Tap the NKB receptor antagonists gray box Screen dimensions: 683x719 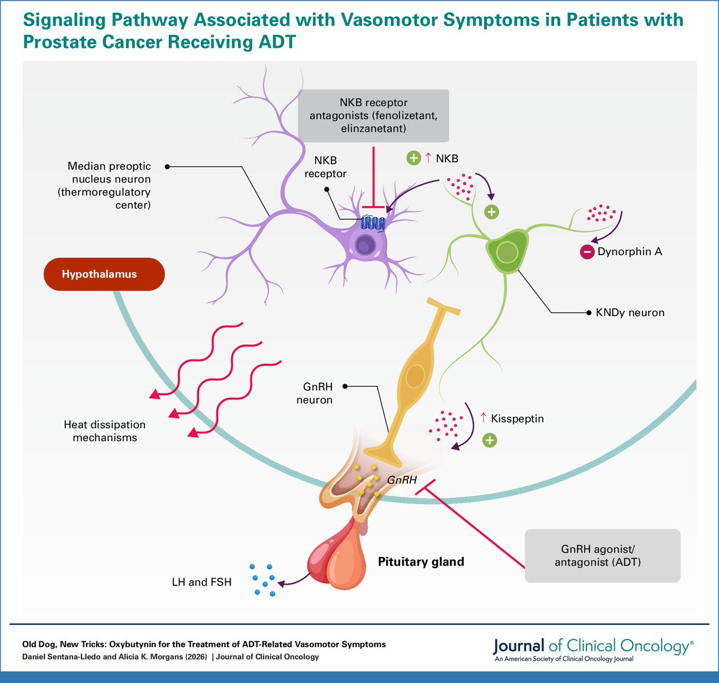[x=373, y=116]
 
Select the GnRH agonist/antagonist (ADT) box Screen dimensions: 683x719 [x=602, y=555]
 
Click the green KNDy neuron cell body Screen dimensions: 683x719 [x=506, y=252]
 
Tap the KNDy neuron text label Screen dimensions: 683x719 [x=630, y=312]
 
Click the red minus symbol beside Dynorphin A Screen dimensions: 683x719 [x=587, y=252]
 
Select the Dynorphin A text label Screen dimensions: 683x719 [x=630, y=252]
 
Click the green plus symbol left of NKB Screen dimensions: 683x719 [x=413, y=159]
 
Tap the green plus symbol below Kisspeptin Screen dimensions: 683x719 [x=490, y=441]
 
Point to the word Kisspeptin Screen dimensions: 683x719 [x=517, y=418]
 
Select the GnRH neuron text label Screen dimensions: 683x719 [x=314, y=393]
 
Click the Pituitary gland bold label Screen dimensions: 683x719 [x=421, y=562]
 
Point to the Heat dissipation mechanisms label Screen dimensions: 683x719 [x=105, y=431]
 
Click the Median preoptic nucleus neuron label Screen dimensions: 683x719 [x=109, y=185]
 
